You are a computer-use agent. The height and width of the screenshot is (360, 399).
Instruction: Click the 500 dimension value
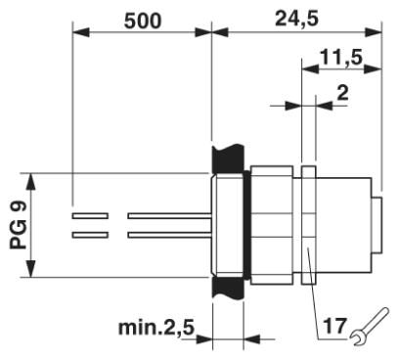(143, 22)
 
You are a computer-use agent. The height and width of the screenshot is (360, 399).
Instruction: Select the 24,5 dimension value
(296, 20)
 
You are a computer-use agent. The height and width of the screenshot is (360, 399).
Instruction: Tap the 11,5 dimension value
(341, 58)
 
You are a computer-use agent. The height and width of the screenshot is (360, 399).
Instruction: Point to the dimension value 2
(342, 94)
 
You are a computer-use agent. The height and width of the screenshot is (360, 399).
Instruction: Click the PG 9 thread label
(18, 226)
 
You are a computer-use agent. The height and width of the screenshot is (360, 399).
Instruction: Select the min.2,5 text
(156, 327)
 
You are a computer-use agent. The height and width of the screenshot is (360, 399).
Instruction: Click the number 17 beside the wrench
(334, 326)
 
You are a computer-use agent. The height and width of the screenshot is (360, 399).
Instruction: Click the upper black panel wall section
(228, 159)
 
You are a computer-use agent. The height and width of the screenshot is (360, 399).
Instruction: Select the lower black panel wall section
(228, 288)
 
